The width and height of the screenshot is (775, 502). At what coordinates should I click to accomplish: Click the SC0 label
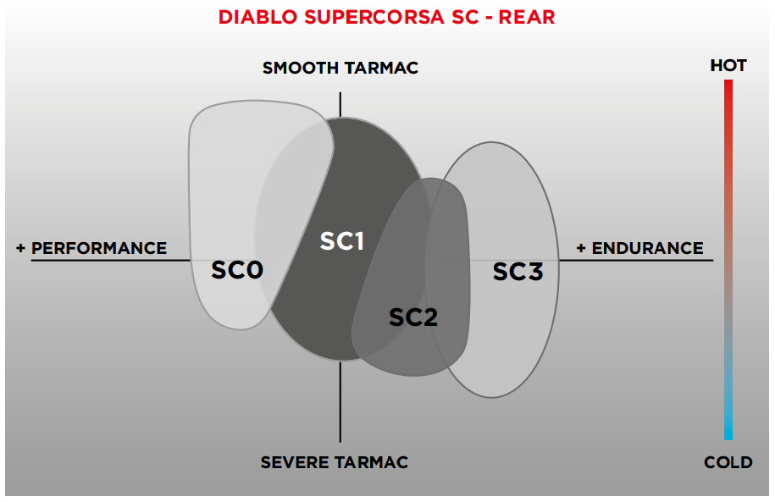pyautogui.click(x=237, y=270)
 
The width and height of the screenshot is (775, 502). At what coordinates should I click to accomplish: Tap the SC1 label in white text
pyautogui.click(x=342, y=241)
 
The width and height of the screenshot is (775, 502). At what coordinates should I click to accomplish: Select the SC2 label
pyautogui.click(x=413, y=317)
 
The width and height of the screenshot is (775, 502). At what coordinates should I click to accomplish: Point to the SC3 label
pyautogui.click(x=518, y=272)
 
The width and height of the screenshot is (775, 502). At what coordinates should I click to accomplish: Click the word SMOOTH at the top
pyautogui.click(x=300, y=68)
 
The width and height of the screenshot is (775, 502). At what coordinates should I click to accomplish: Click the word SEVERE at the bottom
pyautogui.click(x=296, y=462)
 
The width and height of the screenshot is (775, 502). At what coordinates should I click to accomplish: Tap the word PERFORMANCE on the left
pyautogui.click(x=99, y=248)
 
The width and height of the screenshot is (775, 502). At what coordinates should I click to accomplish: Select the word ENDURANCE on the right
pyautogui.click(x=647, y=248)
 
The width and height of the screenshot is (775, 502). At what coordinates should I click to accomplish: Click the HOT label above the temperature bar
pyautogui.click(x=728, y=66)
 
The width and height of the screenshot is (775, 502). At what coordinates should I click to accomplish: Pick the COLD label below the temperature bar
pyautogui.click(x=728, y=462)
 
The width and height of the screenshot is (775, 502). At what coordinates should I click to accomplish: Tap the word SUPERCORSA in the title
pyautogui.click(x=374, y=17)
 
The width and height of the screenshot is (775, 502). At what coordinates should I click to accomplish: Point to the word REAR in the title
pyautogui.click(x=527, y=17)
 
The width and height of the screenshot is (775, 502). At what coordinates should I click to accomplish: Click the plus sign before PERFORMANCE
pyautogui.click(x=20, y=248)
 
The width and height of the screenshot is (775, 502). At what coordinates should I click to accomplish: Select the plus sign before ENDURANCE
pyautogui.click(x=581, y=248)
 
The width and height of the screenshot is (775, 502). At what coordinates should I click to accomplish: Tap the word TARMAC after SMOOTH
pyautogui.click(x=380, y=68)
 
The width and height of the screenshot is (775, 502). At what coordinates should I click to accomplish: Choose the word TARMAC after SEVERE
pyautogui.click(x=373, y=462)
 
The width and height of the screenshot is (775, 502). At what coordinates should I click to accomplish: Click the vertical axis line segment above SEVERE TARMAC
pyautogui.click(x=340, y=402)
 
